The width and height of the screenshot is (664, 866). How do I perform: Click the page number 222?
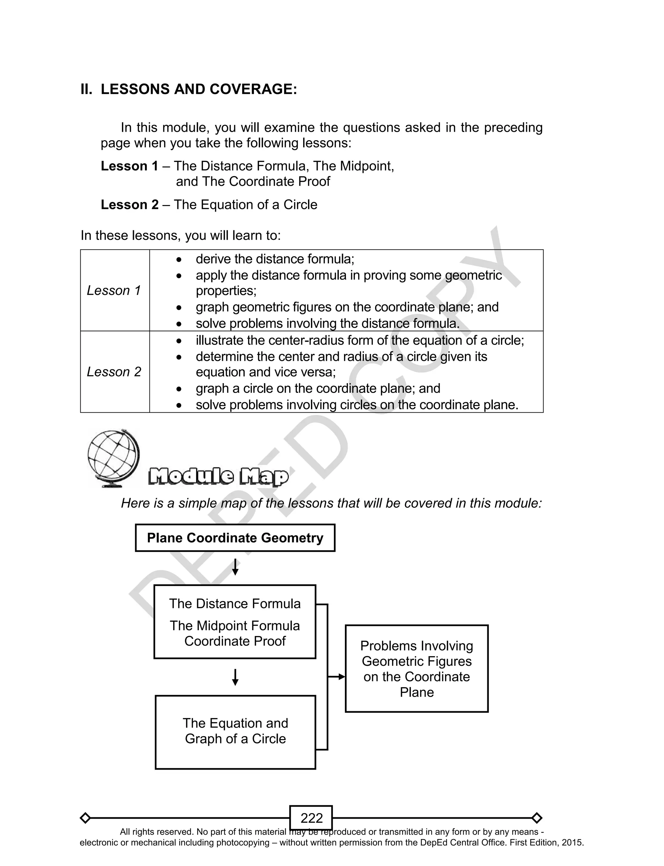point(312,818)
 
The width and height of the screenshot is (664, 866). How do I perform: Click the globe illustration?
point(113,457)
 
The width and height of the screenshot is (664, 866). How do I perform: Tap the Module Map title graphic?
point(219,477)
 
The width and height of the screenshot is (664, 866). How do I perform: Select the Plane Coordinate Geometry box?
point(235,538)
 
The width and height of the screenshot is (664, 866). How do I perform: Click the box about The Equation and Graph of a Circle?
point(235,732)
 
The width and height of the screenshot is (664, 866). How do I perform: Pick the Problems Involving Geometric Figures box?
point(417,669)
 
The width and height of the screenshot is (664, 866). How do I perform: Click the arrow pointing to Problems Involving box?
point(337,677)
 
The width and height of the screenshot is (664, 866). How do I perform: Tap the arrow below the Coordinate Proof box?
point(235,677)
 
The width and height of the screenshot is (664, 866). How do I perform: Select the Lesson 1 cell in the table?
point(114,291)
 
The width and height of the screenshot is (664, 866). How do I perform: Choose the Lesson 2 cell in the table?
point(114,372)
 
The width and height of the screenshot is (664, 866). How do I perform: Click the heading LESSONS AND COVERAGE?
point(198,89)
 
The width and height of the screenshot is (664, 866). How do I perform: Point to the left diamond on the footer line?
point(85,818)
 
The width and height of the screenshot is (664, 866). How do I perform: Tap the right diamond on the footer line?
point(537,818)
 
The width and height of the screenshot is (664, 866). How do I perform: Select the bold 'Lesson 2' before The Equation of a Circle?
point(130,205)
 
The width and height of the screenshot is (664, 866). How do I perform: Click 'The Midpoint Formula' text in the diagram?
point(235,626)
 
